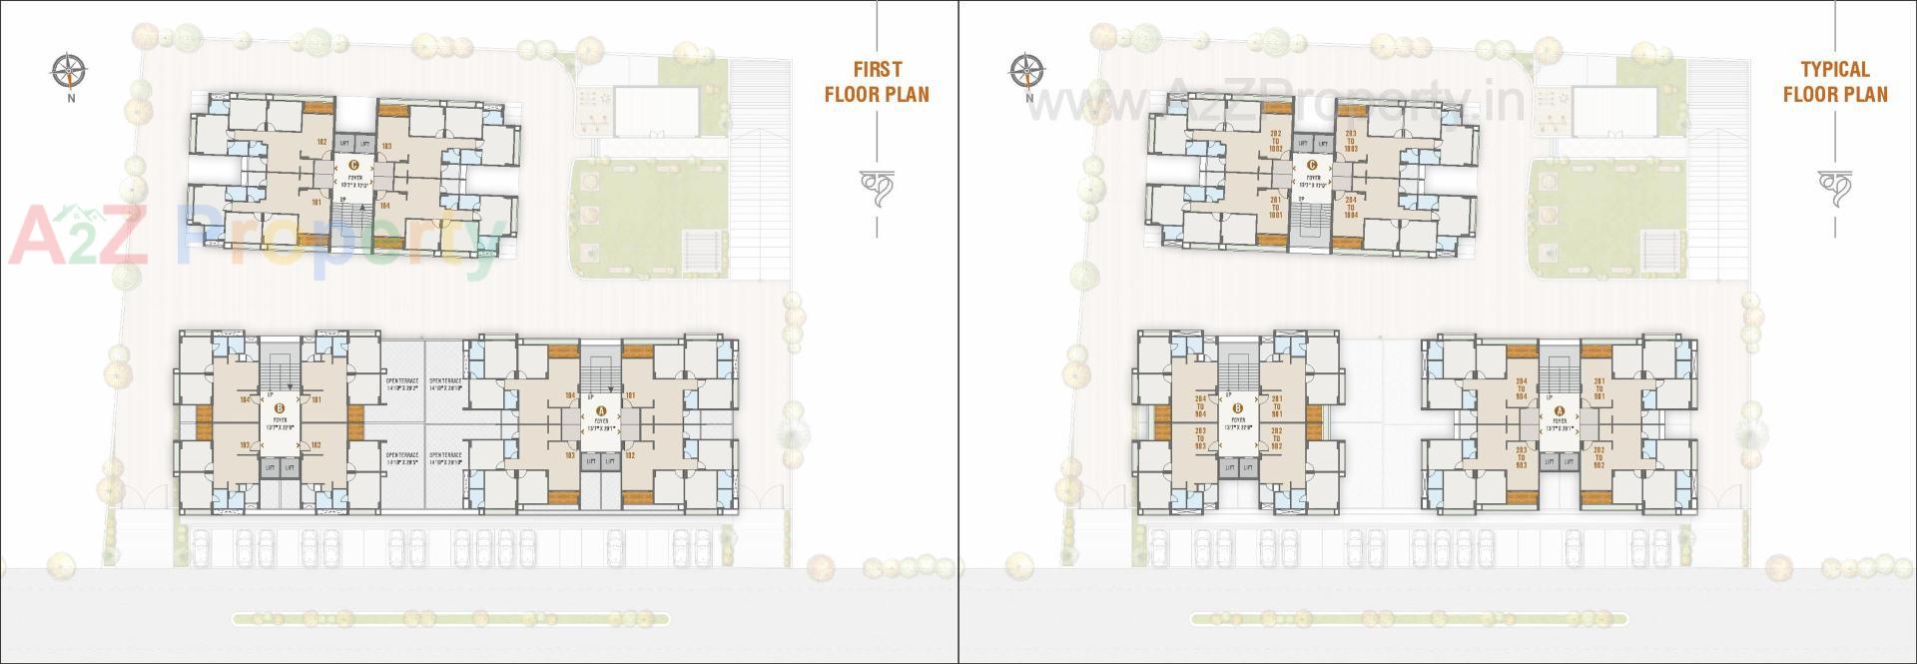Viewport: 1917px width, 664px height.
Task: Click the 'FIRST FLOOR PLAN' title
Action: point(876,82)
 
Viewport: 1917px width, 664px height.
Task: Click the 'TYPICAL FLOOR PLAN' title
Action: point(1835,82)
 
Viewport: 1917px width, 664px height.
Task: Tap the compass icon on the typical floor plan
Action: point(1027,71)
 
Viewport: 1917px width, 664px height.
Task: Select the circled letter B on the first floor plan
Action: point(281,407)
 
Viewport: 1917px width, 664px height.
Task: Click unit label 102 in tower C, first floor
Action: point(321,142)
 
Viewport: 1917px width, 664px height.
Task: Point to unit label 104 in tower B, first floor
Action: point(244,399)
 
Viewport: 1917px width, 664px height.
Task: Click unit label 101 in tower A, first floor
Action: point(630,395)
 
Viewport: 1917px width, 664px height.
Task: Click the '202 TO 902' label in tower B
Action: point(1276,438)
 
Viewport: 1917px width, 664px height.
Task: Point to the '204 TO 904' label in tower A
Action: point(1521,388)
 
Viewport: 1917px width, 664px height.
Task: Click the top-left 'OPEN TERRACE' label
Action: point(401,384)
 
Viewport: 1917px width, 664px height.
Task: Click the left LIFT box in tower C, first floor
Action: point(342,145)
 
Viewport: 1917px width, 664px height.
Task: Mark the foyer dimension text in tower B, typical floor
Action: point(1238,426)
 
